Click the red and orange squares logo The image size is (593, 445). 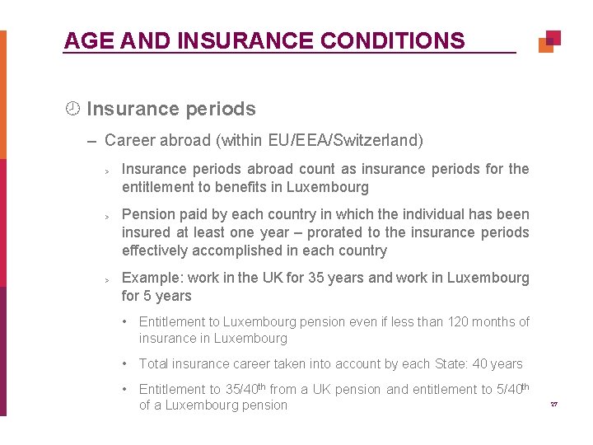point(549,41)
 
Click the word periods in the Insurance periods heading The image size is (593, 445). point(220,109)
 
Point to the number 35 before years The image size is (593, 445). point(316,278)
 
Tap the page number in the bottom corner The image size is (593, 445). point(553,405)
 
